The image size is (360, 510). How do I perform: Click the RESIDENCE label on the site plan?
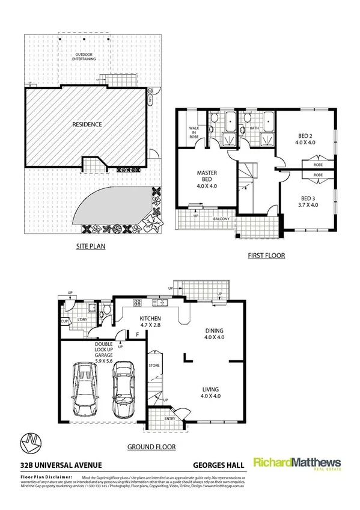click(87, 124)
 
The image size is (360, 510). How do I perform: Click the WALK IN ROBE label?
click(194, 132)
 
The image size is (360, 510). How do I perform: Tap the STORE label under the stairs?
click(154, 365)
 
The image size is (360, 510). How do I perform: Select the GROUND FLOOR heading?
click(151, 447)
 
